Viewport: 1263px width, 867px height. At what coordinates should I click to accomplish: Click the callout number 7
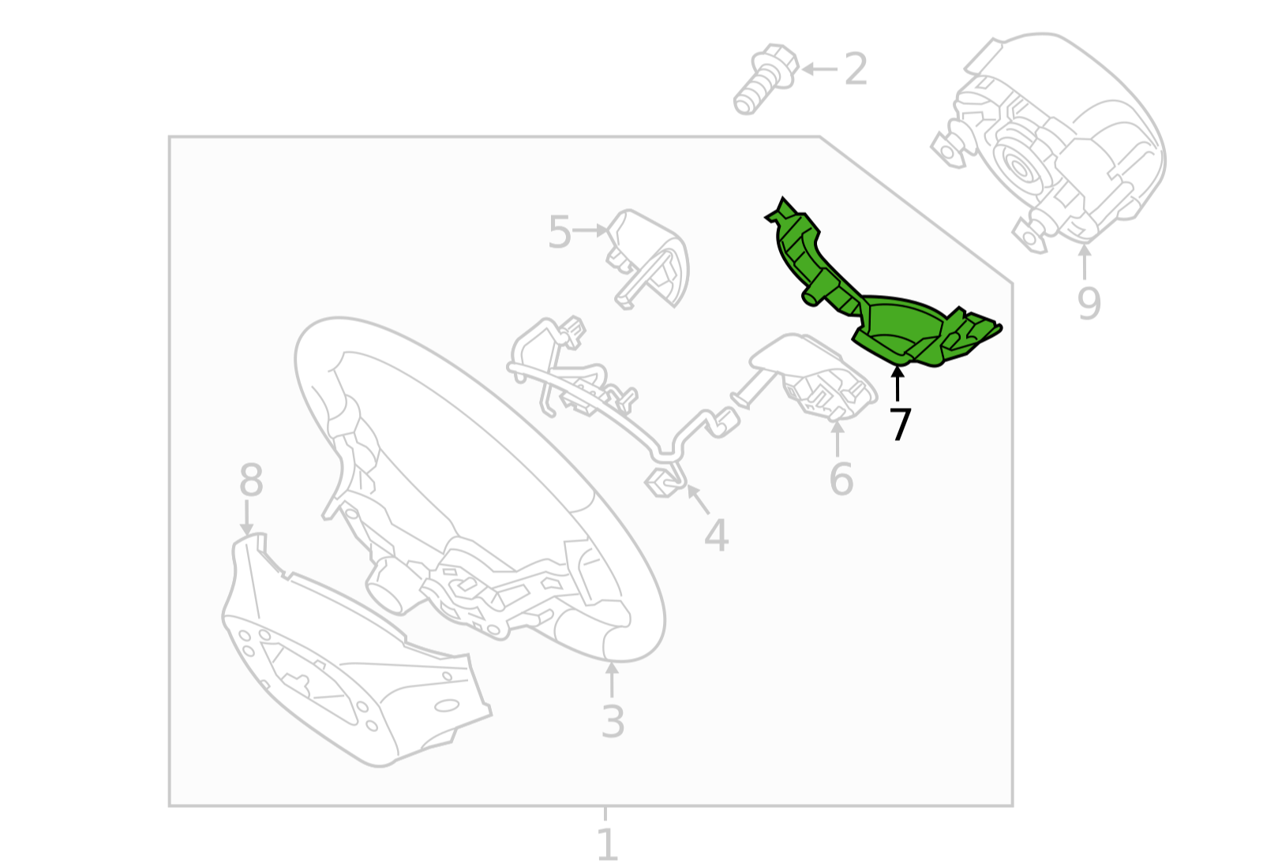point(900,424)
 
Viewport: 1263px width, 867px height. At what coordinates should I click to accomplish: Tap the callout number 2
point(856,69)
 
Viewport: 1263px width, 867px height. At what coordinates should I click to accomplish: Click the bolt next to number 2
point(764,79)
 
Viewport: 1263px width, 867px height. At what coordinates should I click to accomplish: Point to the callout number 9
point(1089,303)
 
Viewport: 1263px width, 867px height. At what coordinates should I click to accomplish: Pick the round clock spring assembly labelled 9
point(1050,142)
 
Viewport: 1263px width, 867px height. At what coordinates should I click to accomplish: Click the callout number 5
point(559,232)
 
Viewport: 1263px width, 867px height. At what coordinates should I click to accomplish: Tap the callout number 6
point(841,479)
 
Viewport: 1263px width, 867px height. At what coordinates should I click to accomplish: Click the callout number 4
point(716,536)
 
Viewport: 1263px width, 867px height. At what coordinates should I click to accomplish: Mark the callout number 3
point(613,721)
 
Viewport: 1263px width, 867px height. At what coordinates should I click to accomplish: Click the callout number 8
point(251,480)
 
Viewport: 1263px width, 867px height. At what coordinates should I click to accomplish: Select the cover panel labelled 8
point(347,663)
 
